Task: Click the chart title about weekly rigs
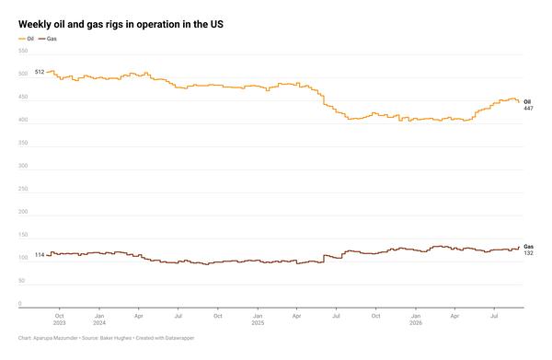coord(121,24)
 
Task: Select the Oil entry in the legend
coord(27,39)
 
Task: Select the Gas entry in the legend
coord(48,39)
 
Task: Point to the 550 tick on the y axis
coord(23,51)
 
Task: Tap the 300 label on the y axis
coord(23,166)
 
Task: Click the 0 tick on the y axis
coord(20,303)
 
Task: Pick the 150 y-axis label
coord(23,235)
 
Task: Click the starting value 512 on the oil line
coord(40,72)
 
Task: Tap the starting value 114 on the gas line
coord(40,255)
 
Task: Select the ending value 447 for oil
coord(528,109)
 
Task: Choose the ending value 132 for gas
coord(528,253)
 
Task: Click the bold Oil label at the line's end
coord(527,102)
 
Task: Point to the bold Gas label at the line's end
coord(528,247)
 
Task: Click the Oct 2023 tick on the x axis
coord(60,319)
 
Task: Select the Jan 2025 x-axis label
coord(258,319)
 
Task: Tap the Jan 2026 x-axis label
coord(416,319)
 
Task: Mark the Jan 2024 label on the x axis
coord(99,319)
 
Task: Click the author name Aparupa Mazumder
coord(55,338)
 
